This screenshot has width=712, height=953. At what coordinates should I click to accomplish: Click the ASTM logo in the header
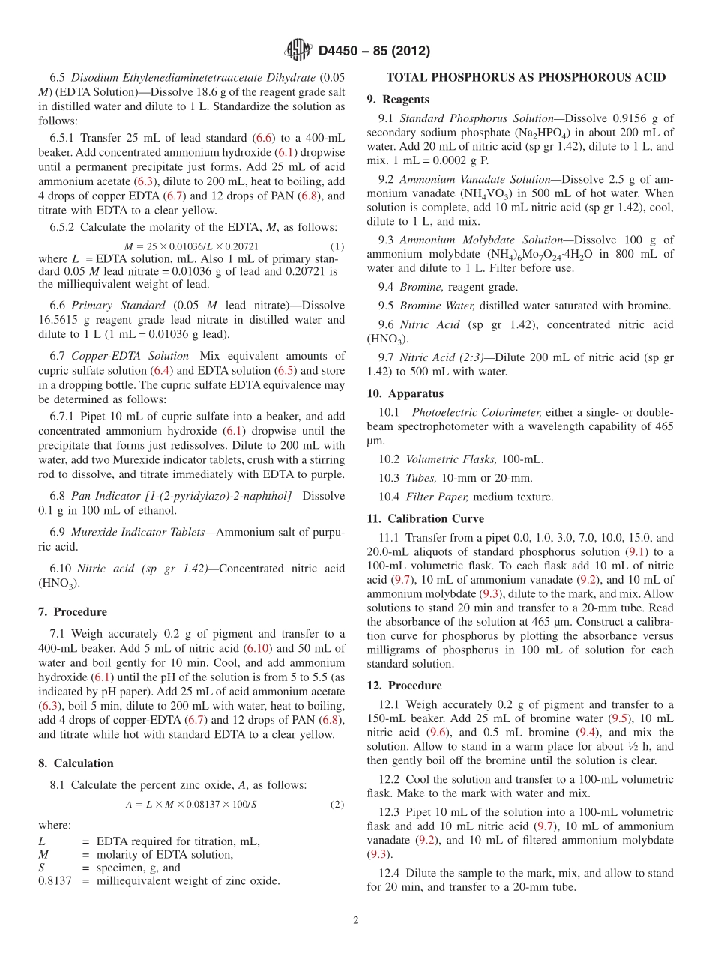(x=298, y=50)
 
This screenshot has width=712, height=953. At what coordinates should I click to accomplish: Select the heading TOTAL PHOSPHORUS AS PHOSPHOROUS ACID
(x=525, y=78)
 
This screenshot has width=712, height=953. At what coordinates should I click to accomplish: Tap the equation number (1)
(x=337, y=246)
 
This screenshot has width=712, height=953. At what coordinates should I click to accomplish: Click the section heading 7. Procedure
(x=73, y=611)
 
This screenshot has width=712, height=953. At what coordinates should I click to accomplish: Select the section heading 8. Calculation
(x=76, y=763)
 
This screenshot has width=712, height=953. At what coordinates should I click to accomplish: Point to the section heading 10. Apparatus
(x=405, y=393)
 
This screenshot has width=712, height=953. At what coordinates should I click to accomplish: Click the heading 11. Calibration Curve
(x=425, y=518)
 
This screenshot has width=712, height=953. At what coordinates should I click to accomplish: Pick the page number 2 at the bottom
(x=356, y=920)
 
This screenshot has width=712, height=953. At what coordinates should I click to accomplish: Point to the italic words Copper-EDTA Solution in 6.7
(x=121, y=355)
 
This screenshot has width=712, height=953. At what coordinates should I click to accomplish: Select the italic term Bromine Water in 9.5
(x=438, y=306)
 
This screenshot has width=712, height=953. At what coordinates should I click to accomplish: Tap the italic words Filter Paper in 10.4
(x=438, y=497)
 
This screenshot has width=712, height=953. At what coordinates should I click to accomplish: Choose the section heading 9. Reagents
(x=398, y=99)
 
